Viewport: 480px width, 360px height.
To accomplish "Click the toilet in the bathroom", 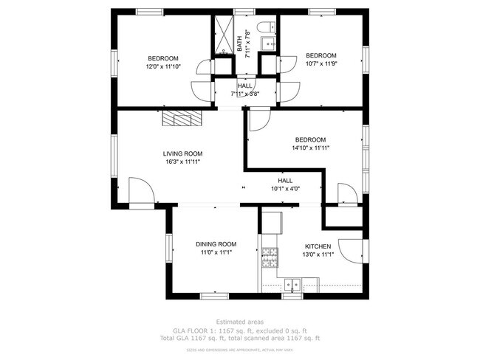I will (x=269, y=27).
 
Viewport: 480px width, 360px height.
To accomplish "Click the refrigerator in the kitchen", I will (x=272, y=221).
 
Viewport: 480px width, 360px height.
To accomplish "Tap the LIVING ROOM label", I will (x=181, y=154).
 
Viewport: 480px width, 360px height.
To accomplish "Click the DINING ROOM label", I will (x=216, y=244).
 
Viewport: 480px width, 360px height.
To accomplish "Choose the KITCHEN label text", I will (x=318, y=246).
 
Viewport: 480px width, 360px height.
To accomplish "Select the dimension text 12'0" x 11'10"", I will (x=162, y=66).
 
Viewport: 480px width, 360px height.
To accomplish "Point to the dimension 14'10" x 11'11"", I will (x=310, y=148).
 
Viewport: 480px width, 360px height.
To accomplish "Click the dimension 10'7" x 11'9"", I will (x=321, y=63).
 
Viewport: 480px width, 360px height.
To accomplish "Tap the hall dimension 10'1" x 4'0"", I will (x=285, y=188).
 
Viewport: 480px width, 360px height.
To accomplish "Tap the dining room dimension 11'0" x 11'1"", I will (x=216, y=252).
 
